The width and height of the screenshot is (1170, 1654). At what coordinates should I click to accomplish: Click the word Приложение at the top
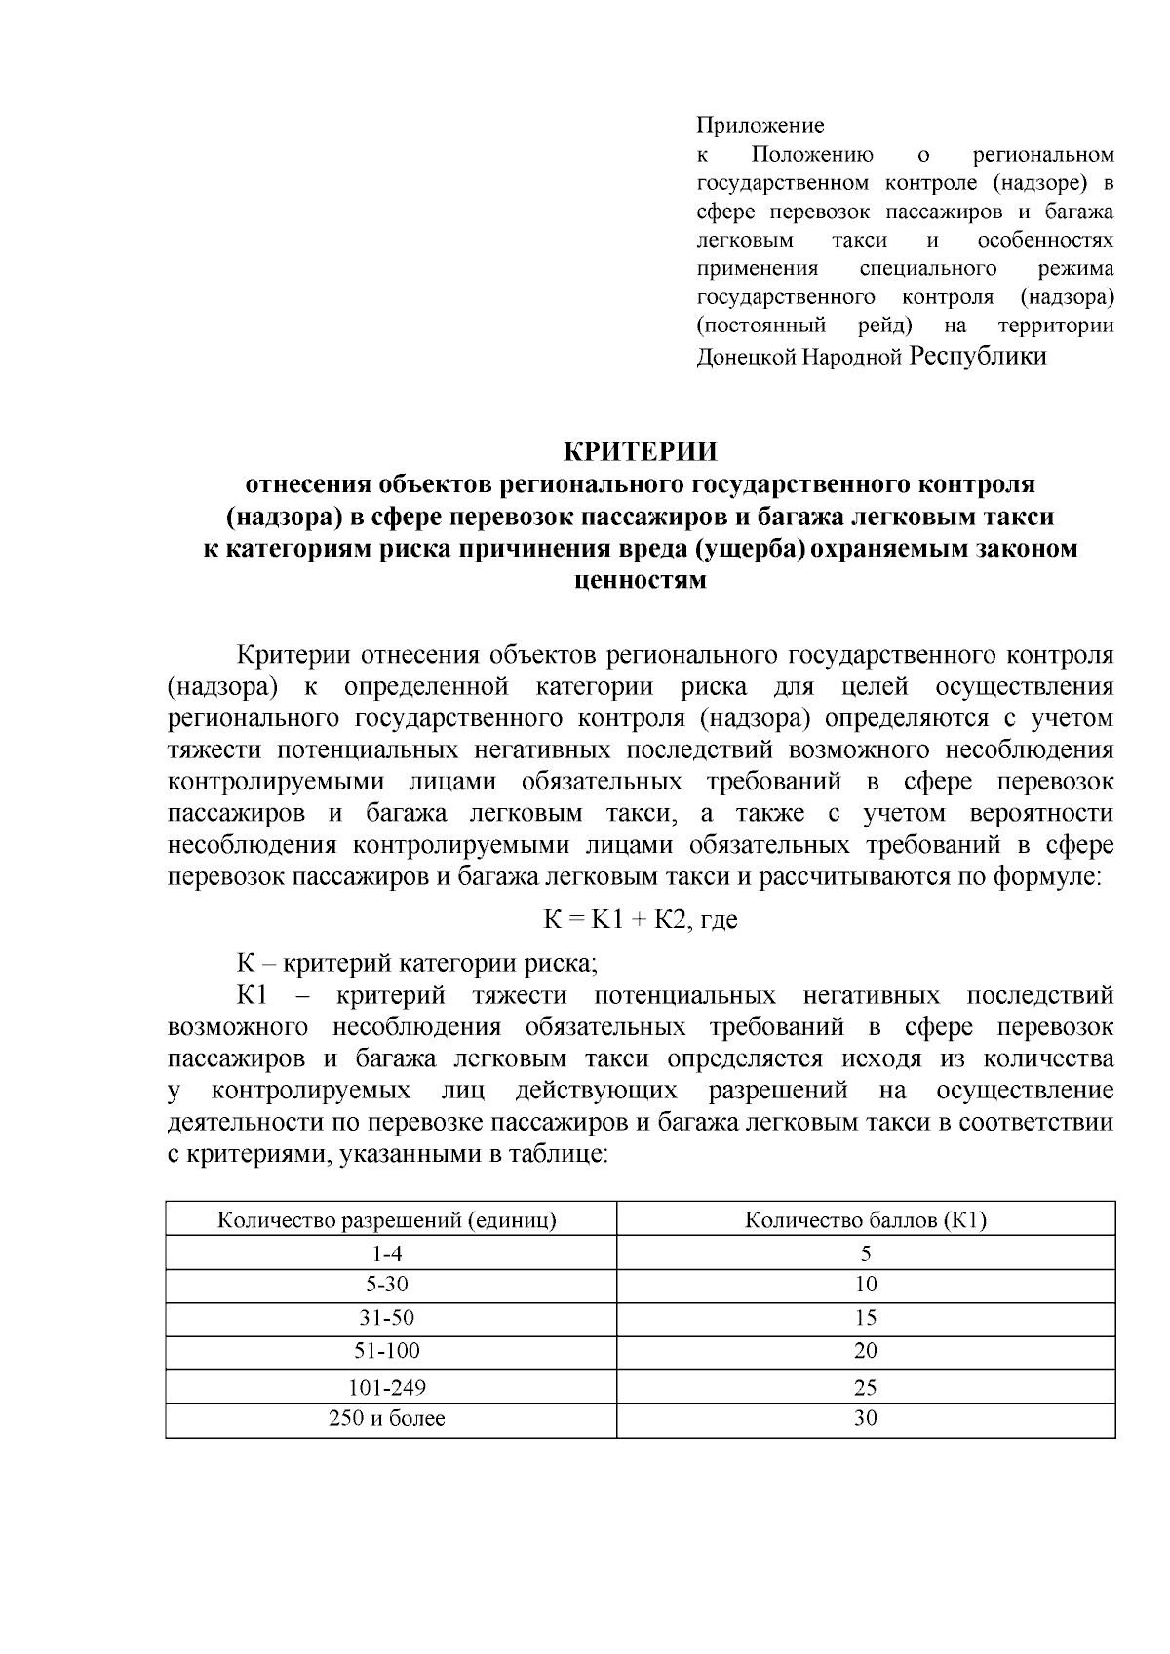point(760,126)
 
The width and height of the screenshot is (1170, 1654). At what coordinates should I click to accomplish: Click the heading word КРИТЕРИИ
point(641,452)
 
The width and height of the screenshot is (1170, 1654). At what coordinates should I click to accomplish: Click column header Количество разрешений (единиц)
point(386,1220)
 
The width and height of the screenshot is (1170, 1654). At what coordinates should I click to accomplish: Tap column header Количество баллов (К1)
point(866,1220)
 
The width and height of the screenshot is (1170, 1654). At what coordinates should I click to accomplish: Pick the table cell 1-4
point(386,1253)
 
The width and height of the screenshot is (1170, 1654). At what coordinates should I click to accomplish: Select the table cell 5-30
point(386,1285)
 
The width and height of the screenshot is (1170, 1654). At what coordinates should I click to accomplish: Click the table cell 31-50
point(386,1318)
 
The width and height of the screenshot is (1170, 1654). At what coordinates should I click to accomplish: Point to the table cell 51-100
point(386,1351)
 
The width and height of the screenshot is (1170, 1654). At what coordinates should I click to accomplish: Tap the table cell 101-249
point(386,1387)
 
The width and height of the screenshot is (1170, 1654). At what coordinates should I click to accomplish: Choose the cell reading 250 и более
point(386,1418)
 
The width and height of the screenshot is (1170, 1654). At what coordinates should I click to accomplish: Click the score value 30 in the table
point(866,1418)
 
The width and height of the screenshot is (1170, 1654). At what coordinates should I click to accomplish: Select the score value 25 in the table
point(866,1387)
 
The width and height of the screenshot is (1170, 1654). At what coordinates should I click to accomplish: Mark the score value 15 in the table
point(866,1318)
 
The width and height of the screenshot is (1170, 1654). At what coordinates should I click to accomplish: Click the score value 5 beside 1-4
point(866,1253)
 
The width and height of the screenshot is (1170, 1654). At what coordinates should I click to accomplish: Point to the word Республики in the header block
point(978,356)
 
